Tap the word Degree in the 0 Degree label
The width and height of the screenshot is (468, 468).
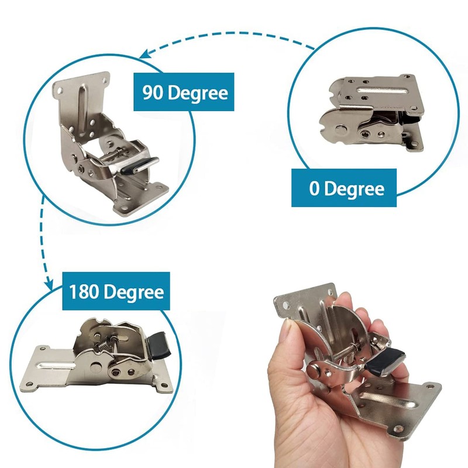coord(354,188)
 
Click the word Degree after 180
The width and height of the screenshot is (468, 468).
coord(135,291)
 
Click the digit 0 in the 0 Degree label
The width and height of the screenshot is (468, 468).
coord(314,188)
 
